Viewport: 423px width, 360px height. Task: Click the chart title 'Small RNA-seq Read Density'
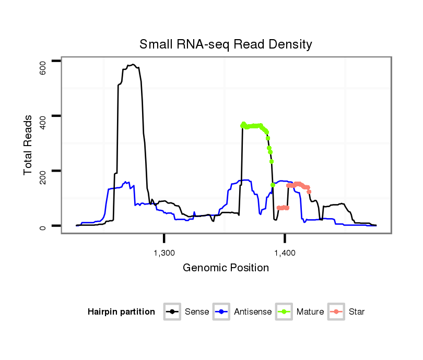[226, 44]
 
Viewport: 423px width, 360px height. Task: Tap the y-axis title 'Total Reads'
[29, 145]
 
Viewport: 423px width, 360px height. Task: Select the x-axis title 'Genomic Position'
[226, 268]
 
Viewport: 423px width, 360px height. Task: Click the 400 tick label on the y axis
[43, 116]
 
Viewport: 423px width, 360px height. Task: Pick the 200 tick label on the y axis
[43, 171]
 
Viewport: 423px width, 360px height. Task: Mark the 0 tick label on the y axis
[43, 226]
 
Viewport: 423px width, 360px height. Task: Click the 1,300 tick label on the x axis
[164, 253]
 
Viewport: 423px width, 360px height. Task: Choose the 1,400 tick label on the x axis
[285, 253]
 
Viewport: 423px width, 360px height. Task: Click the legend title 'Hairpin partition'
[121, 312]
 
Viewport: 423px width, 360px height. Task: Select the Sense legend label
[197, 312]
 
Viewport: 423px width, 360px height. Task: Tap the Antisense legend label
[253, 312]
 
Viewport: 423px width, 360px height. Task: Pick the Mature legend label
[310, 312]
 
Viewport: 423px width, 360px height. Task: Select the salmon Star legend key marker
[338, 312]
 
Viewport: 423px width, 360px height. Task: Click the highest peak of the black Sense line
[134, 65]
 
